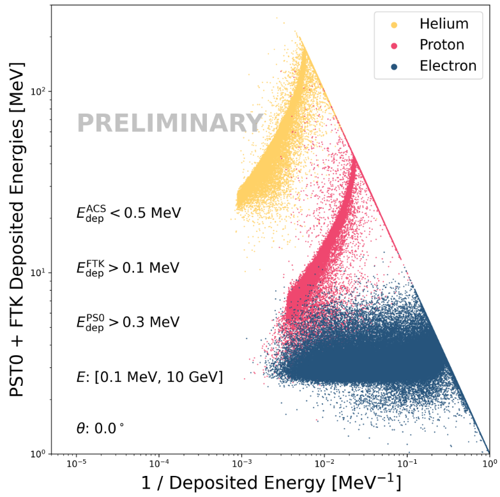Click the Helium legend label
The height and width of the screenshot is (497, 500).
point(444,24)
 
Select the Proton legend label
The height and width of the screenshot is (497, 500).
point(441,45)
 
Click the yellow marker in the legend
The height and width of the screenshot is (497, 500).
point(394,25)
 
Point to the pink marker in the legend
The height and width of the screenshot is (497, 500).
point(394,45)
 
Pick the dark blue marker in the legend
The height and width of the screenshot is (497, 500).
point(394,66)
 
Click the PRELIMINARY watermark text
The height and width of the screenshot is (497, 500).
point(170,123)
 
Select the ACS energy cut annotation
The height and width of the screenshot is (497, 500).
point(128,213)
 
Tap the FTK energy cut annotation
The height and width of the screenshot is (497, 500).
point(128,268)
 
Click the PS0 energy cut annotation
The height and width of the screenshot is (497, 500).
point(128,322)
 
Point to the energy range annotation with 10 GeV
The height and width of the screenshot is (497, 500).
point(149,377)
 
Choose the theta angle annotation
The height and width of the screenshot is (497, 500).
point(100,429)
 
